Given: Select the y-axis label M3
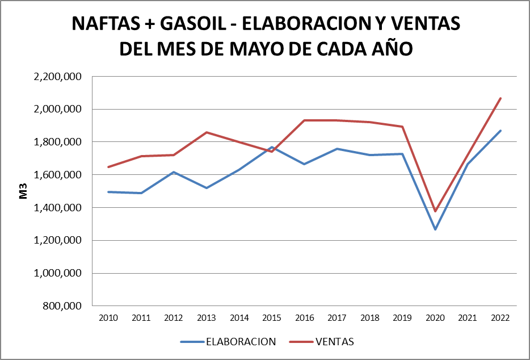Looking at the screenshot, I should [x=24, y=191].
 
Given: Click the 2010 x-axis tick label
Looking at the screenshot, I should [x=108, y=317].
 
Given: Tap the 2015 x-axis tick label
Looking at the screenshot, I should [x=272, y=317].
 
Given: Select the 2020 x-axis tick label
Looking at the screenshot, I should [x=435, y=317].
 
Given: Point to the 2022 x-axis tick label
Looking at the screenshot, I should [x=500, y=317].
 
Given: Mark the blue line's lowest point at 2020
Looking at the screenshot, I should [x=435, y=229].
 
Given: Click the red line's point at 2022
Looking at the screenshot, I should [x=500, y=98].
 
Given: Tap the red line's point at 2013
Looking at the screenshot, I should [x=207, y=132].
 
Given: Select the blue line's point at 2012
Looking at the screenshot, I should [x=174, y=172].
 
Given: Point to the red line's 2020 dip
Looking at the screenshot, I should [x=435, y=211].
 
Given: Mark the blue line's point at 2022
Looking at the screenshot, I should [x=500, y=131].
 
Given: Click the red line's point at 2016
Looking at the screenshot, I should [x=305, y=120].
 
